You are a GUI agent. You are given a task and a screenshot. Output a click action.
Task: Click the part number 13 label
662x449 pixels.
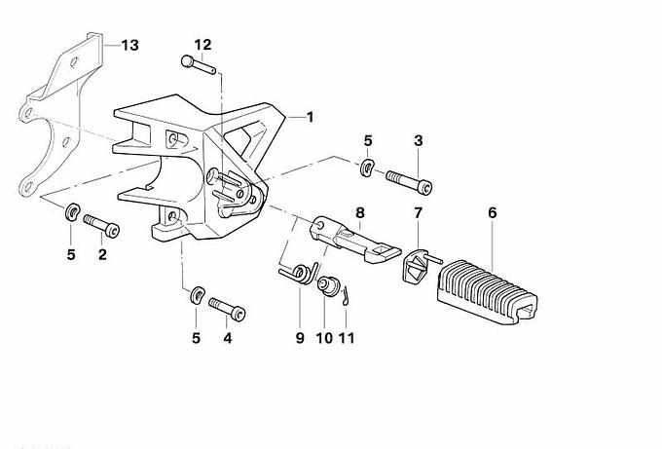coord(129,45)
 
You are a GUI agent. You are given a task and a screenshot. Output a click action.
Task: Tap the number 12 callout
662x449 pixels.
coord(202,45)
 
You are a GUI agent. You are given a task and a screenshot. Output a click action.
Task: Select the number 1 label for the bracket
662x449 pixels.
coord(311,117)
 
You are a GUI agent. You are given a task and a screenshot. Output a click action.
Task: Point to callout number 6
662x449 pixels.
coord(493,211)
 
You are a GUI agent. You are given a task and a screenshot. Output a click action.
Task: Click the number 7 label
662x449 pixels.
coord(418,211)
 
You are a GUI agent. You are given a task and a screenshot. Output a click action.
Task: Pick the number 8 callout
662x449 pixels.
coord(359,211)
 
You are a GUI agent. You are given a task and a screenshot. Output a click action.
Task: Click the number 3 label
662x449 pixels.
coord(418,140)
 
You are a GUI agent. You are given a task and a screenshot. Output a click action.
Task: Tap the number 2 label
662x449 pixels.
coord(102,254)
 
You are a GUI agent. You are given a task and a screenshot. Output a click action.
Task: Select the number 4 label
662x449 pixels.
coord(228,338)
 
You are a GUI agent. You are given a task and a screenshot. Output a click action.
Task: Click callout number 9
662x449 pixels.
coord(300,338)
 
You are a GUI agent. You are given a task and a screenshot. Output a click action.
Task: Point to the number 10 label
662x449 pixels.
coord(324,338)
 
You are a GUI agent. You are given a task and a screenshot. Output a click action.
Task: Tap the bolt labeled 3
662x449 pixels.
coord(410,181)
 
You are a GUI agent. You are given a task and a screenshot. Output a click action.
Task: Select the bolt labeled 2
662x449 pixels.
coord(102,226)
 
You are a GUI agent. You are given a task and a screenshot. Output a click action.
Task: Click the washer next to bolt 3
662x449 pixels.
coord(367,168)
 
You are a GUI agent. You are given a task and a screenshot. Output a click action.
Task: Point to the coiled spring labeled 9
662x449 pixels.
coord(302,274)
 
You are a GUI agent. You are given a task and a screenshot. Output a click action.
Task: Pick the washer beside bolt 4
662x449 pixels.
coord(196,293)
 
